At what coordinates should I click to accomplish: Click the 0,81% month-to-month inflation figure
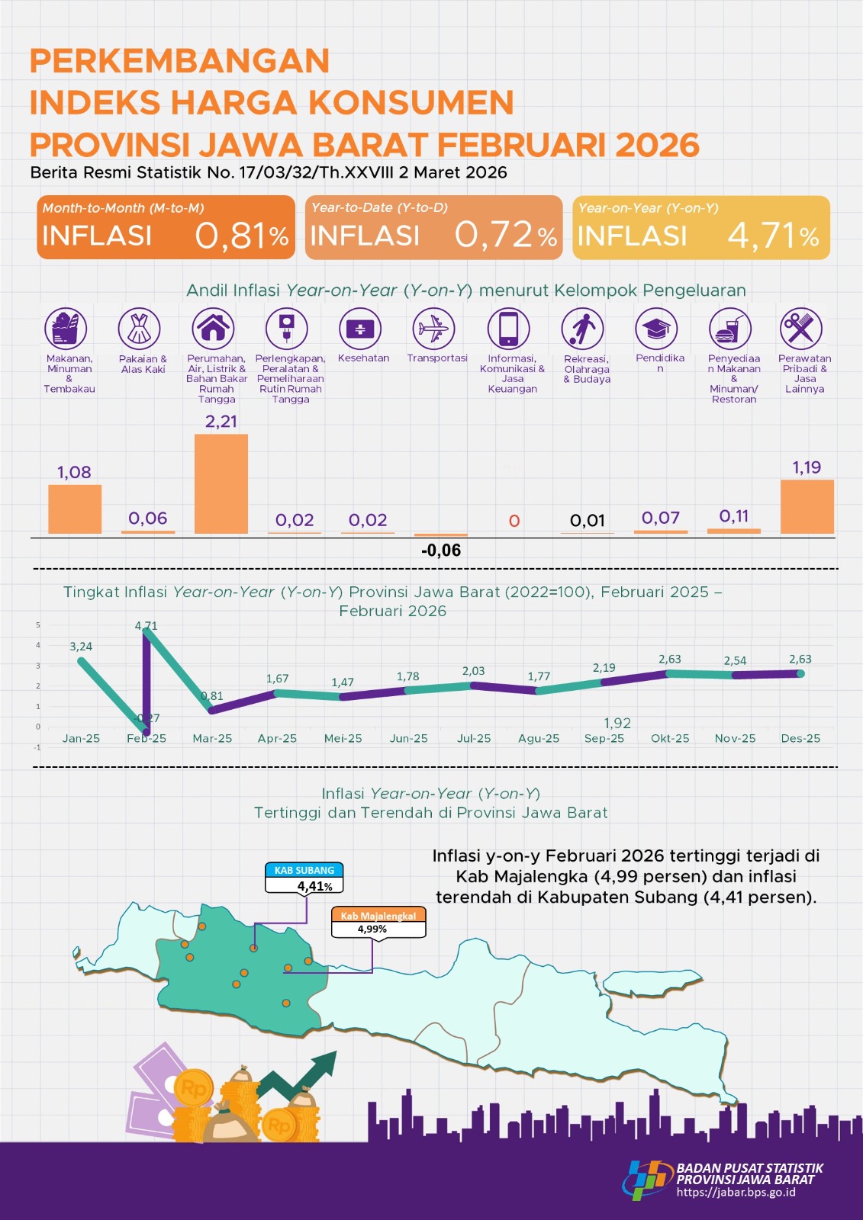point(241,236)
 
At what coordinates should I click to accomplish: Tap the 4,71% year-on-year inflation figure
point(772,236)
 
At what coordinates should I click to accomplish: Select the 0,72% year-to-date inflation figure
point(505,235)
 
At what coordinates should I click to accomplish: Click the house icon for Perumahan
point(213,329)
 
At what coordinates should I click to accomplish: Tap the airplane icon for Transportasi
point(433,329)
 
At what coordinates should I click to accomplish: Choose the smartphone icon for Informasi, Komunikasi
point(508,329)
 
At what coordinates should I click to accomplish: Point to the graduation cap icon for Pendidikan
point(656,329)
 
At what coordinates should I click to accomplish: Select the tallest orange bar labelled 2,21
point(221,483)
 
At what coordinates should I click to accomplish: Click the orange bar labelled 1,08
point(75,509)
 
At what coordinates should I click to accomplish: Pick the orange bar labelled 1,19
point(807,506)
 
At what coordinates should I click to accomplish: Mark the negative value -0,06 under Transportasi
point(441,551)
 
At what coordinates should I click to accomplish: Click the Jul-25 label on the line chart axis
point(474,738)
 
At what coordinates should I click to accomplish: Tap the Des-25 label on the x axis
point(800,738)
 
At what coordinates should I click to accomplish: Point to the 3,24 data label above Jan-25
point(81,647)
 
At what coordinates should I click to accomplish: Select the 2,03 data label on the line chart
point(473,671)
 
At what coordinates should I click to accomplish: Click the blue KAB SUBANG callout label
point(304,870)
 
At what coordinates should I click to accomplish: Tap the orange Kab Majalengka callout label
point(378,916)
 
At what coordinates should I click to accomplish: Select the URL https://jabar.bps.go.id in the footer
point(736,1193)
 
